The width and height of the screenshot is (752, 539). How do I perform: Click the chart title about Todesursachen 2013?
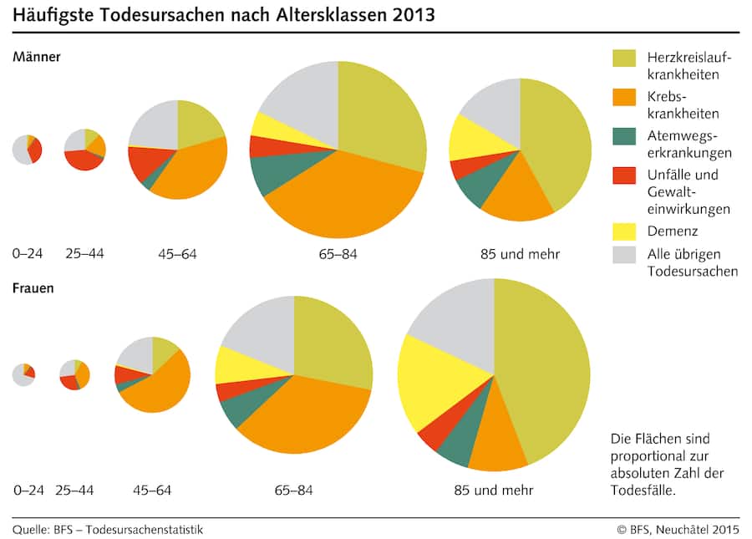pyautogui.click(x=222, y=16)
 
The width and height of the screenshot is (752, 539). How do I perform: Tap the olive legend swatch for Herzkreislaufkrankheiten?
pyautogui.click(x=623, y=58)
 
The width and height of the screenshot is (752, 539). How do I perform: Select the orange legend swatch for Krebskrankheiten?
pyautogui.click(x=623, y=97)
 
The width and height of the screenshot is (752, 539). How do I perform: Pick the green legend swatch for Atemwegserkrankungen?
pyautogui.click(x=623, y=135)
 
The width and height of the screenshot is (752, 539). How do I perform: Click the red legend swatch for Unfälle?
pyautogui.click(x=623, y=175)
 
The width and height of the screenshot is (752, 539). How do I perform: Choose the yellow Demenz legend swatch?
pyautogui.click(x=623, y=230)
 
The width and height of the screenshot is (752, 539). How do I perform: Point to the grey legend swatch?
pyautogui.click(x=623, y=254)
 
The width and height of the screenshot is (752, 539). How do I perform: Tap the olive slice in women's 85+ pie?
pyautogui.click(x=543, y=368)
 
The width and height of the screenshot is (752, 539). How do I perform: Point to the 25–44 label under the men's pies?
pyautogui.click(x=84, y=253)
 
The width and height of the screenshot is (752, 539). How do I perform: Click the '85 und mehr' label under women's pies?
pyautogui.click(x=493, y=490)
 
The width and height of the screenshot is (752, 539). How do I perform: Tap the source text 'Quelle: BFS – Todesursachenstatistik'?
pyautogui.click(x=108, y=529)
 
